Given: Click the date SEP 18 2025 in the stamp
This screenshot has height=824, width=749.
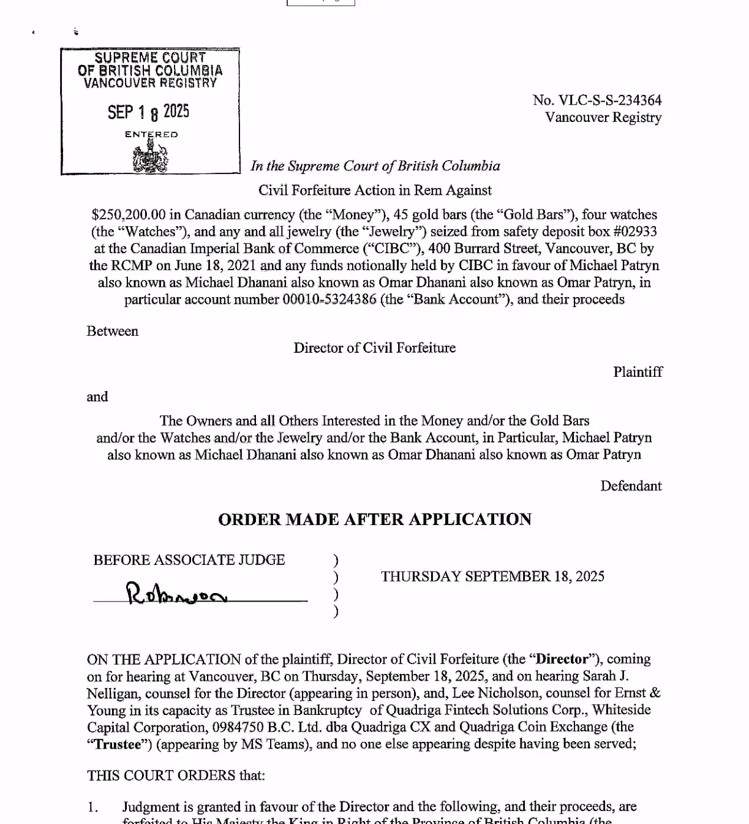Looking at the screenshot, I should [x=148, y=112].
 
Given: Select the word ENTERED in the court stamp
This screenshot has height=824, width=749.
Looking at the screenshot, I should [x=151, y=134].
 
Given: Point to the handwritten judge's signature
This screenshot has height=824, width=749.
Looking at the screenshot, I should [x=176, y=594].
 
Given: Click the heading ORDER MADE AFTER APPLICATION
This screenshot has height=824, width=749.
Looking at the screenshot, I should [x=375, y=520].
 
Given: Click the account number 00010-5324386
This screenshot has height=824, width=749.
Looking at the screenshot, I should [x=329, y=300].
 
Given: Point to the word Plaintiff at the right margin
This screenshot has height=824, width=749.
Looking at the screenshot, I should [x=638, y=372].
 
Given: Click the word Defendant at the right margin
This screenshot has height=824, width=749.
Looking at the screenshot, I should [x=631, y=486].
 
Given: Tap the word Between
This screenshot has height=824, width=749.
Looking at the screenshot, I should [x=113, y=331].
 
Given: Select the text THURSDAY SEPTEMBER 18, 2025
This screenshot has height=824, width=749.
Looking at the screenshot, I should [x=492, y=576].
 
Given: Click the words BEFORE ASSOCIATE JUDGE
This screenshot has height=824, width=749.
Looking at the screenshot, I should [x=189, y=560].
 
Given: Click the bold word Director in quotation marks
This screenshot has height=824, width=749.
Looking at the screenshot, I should [x=562, y=659].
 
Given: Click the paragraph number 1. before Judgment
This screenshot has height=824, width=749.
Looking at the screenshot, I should [x=92, y=807].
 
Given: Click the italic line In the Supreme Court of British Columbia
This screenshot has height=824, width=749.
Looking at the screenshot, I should [x=375, y=166].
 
